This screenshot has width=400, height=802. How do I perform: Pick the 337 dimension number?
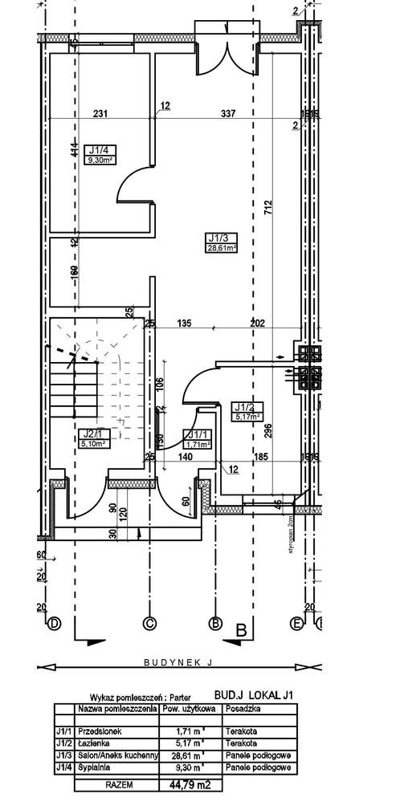pyautogui.click(x=228, y=113)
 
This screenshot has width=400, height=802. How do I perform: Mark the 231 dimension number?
pyautogui.click(x=100, y=113)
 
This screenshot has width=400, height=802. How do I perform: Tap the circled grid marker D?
pyautogui.click(x=55, y=622)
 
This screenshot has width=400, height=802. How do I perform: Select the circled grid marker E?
pyautogui.click(x=297, y=622)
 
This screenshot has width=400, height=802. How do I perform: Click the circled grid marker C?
pyautogui.click(x=148, y=622)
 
